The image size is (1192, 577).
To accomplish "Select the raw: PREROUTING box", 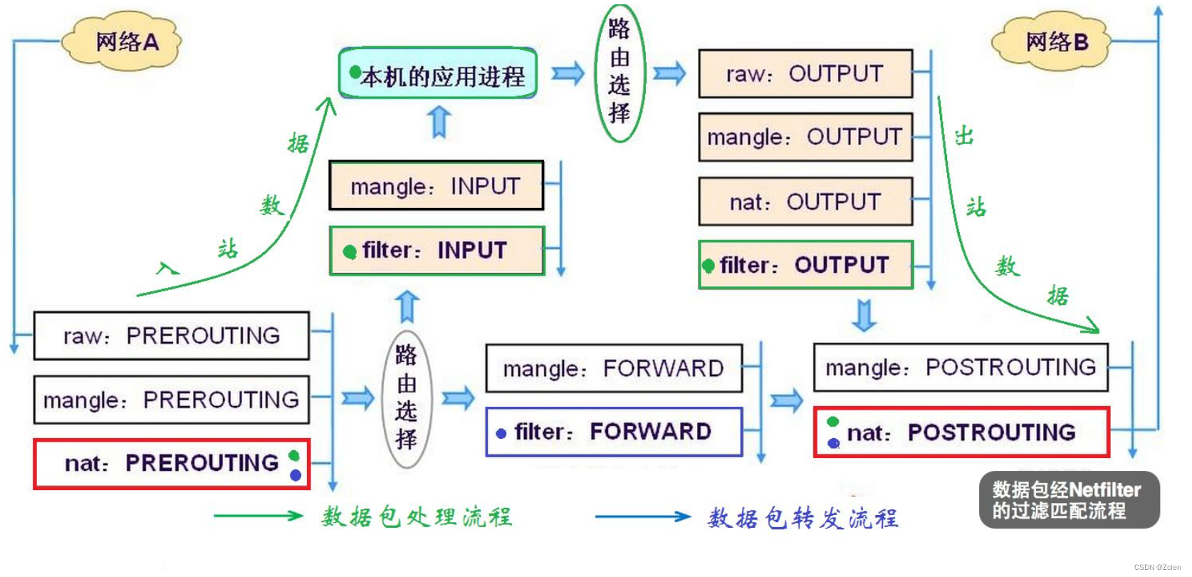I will (x=171, y=336).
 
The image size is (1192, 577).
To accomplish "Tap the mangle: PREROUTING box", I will (x=171, y=400).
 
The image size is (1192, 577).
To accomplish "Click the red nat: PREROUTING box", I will (x=171, y=464).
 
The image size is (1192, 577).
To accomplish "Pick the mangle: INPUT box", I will (x=436, y=186).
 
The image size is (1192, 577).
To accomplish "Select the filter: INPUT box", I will (x=436, y=251).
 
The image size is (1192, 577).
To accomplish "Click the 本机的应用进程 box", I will (x=438, y=74).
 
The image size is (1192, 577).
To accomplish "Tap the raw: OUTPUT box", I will (x=805, y=73).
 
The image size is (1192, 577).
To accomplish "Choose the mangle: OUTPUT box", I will (x=805, y=137).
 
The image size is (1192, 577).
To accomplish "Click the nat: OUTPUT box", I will (x=805, y=202).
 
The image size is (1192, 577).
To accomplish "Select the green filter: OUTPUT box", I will (x=805, y=265).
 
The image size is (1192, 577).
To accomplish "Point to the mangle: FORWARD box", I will (x=613, y=368).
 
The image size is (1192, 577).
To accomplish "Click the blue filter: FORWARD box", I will (x=613, y=432).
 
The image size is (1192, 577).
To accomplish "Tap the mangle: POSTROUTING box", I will (x=960, y=368).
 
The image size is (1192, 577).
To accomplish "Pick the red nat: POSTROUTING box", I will (x=961, y=432).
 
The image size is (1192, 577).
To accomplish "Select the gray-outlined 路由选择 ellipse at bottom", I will (x=406, y=397).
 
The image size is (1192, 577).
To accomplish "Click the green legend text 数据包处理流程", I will (x=417, y=516).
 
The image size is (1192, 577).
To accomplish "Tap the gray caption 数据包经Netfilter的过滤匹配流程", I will (x=1068, y=500).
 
